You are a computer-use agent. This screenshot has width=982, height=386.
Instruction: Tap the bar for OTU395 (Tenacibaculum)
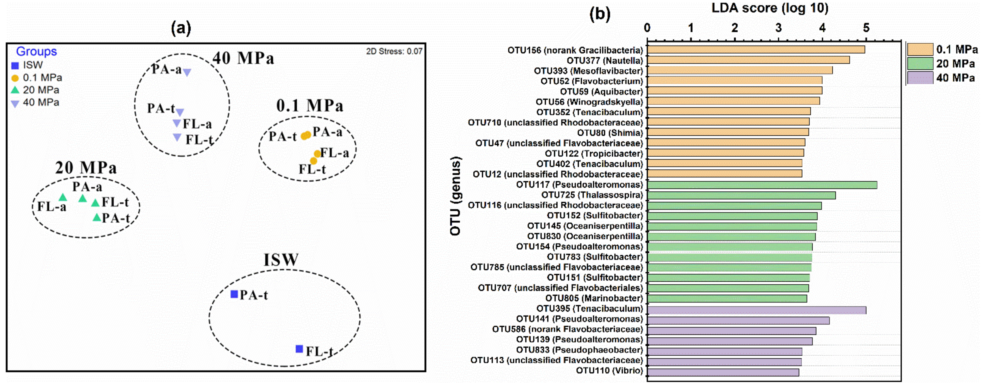(x=756, y=310)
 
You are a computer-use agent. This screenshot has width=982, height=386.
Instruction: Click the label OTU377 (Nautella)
(x=604, y=60)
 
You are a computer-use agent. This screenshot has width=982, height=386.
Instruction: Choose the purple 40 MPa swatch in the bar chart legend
(x=920, y=77)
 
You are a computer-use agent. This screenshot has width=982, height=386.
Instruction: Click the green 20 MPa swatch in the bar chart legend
(x=920, y=63)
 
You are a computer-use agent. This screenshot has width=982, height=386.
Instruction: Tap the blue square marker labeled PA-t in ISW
(x=234, y=294)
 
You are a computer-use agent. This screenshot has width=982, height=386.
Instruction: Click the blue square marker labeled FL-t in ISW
(x=299, y=349)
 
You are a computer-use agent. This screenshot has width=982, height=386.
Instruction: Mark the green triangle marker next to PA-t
(x=97, y=217)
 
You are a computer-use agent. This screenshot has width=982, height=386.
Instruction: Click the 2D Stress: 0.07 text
(x=394, y=51)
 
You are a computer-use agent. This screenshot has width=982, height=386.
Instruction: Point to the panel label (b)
(x=600, y=14)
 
